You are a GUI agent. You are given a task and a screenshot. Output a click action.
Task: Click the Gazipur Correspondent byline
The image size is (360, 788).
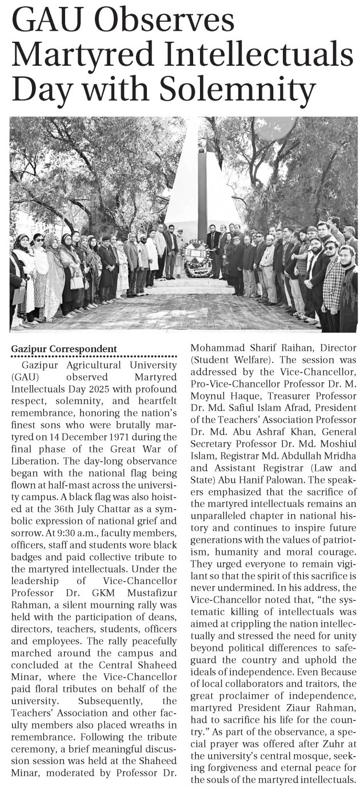[x=64, y=349]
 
